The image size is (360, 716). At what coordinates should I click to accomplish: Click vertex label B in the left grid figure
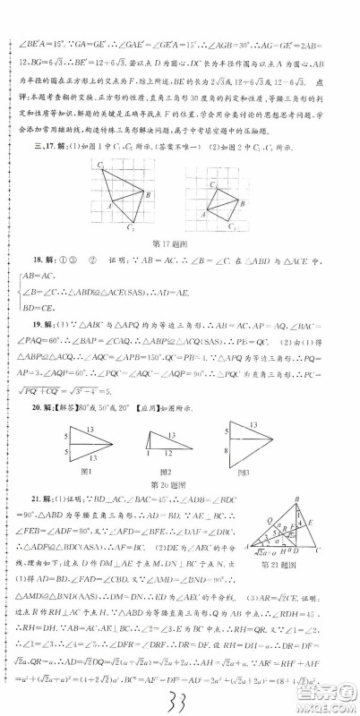click(148, 195)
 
